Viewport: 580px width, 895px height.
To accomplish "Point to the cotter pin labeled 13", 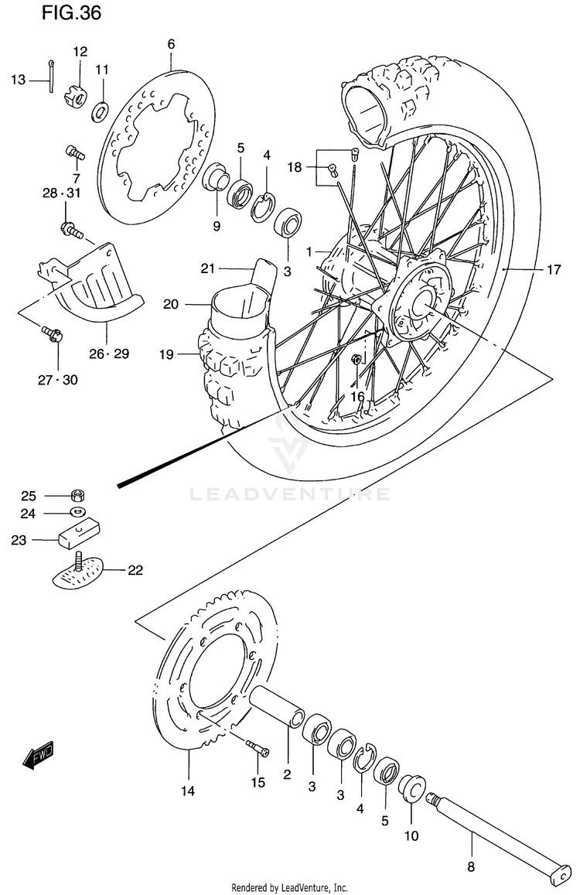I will [49, 77].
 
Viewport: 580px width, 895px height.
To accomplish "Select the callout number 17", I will [553, 270].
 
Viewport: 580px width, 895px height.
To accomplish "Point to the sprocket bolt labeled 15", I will [258, 748].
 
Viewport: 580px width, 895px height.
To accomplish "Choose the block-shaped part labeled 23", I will [78, 534].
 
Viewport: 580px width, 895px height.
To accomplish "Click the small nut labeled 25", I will [77, 496].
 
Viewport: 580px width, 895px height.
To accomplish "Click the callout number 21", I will [206, 268].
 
